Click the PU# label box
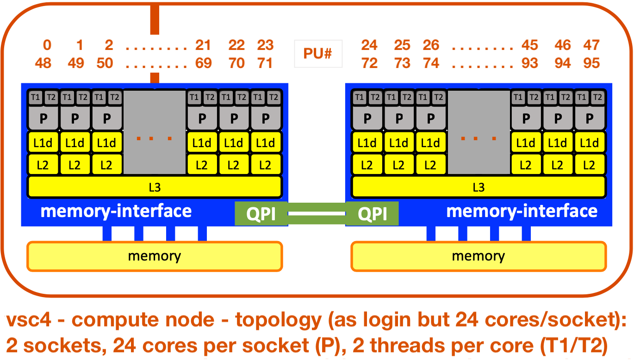317,54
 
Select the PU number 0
47,45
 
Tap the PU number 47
591,45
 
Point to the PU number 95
591,63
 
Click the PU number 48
43,63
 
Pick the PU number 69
203,63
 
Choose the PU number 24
369,45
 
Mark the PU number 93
529,63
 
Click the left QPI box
261,214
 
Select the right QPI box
372,214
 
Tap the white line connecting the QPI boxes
317,214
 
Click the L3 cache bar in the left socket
155,187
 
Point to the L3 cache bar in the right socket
479,187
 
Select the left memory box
155,256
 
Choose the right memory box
479,256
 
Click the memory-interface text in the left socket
116,211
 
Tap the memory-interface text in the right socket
522,211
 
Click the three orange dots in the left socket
155,138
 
